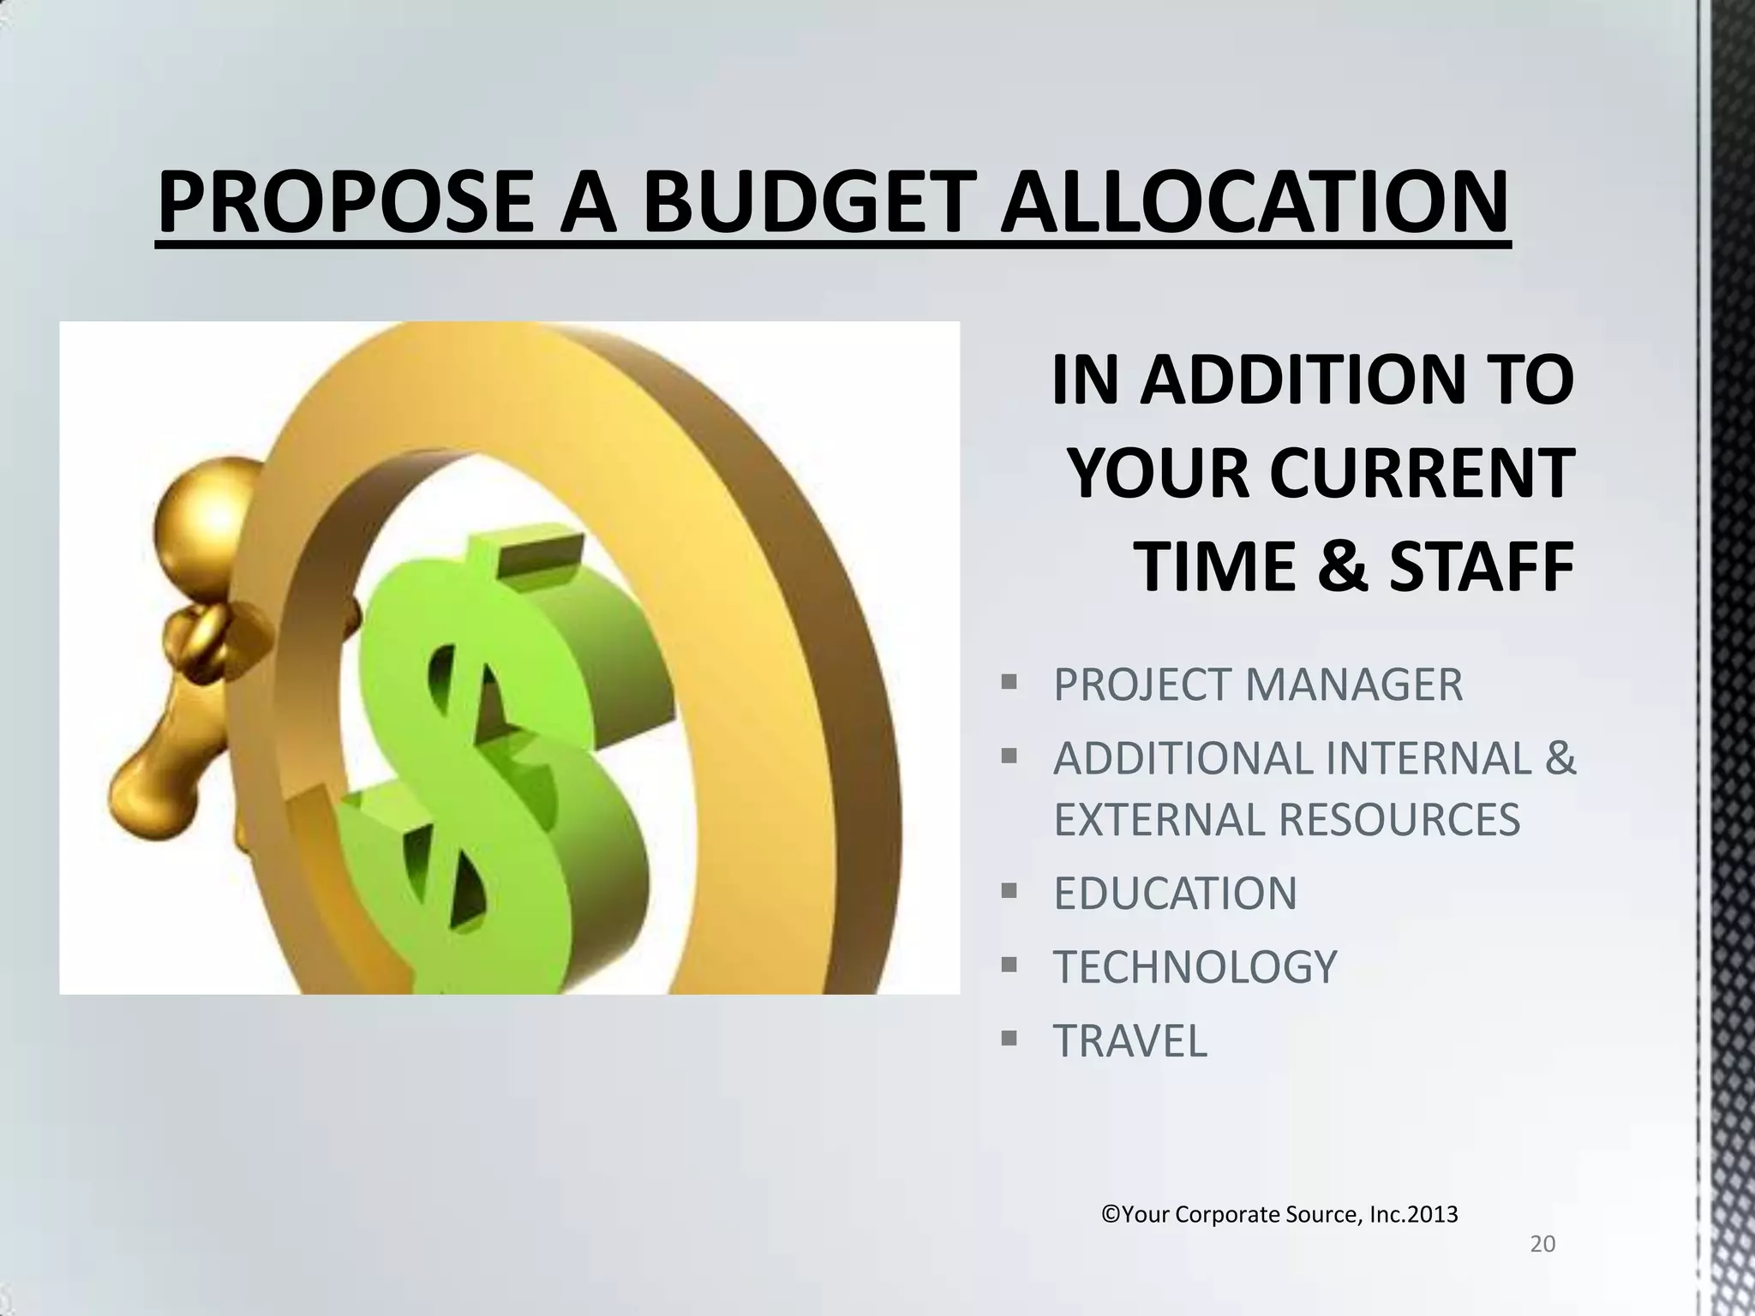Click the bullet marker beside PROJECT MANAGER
click(x=1009, y=684)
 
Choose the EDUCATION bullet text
click(x=1175, y=893)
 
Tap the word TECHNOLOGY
click(x=1195, y=967)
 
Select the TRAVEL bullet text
click(x=1129, y=1041)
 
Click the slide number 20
click(x=1542, y=1244)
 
